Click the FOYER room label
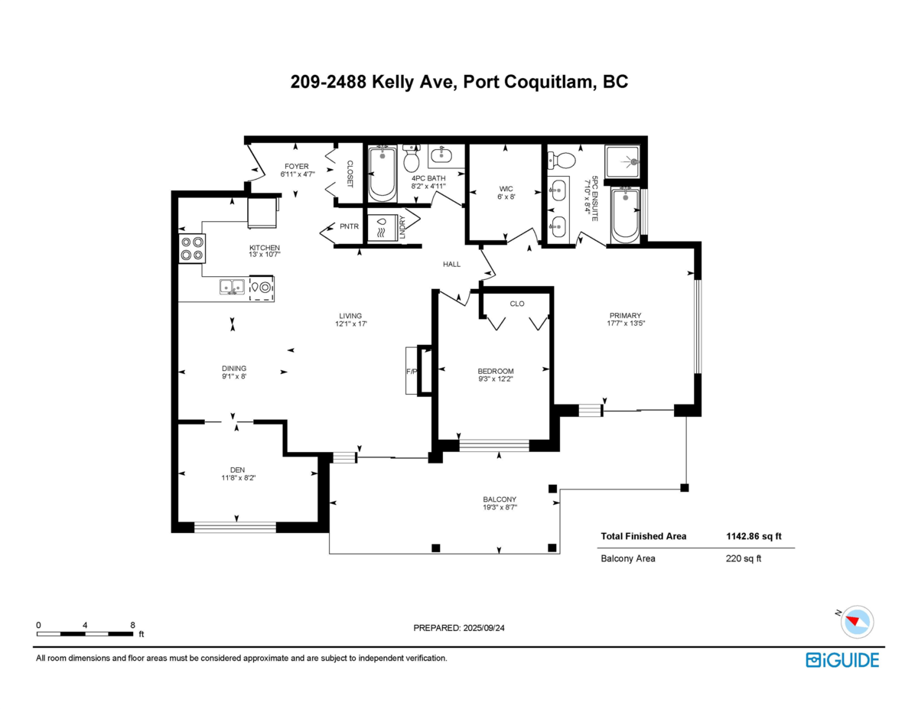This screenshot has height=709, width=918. (297, 166)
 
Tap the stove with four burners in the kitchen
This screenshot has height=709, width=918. (191, 249)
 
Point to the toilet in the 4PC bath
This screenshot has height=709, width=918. (411, 160)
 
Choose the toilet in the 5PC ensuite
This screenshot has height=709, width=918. (565, 160)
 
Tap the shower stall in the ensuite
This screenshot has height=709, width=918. (624, 162)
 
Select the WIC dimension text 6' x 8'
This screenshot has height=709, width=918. (506, 197)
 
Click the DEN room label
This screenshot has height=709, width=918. (237, 470)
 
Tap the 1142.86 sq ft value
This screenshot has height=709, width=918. (754, 537)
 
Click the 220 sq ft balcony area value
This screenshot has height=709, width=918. (743, 558)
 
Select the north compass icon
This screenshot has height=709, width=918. (856, 621)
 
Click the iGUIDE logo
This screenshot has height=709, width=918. (842, 660)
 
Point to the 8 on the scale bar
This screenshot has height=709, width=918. (132, 625)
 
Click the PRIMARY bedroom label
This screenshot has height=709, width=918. (625, 315)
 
